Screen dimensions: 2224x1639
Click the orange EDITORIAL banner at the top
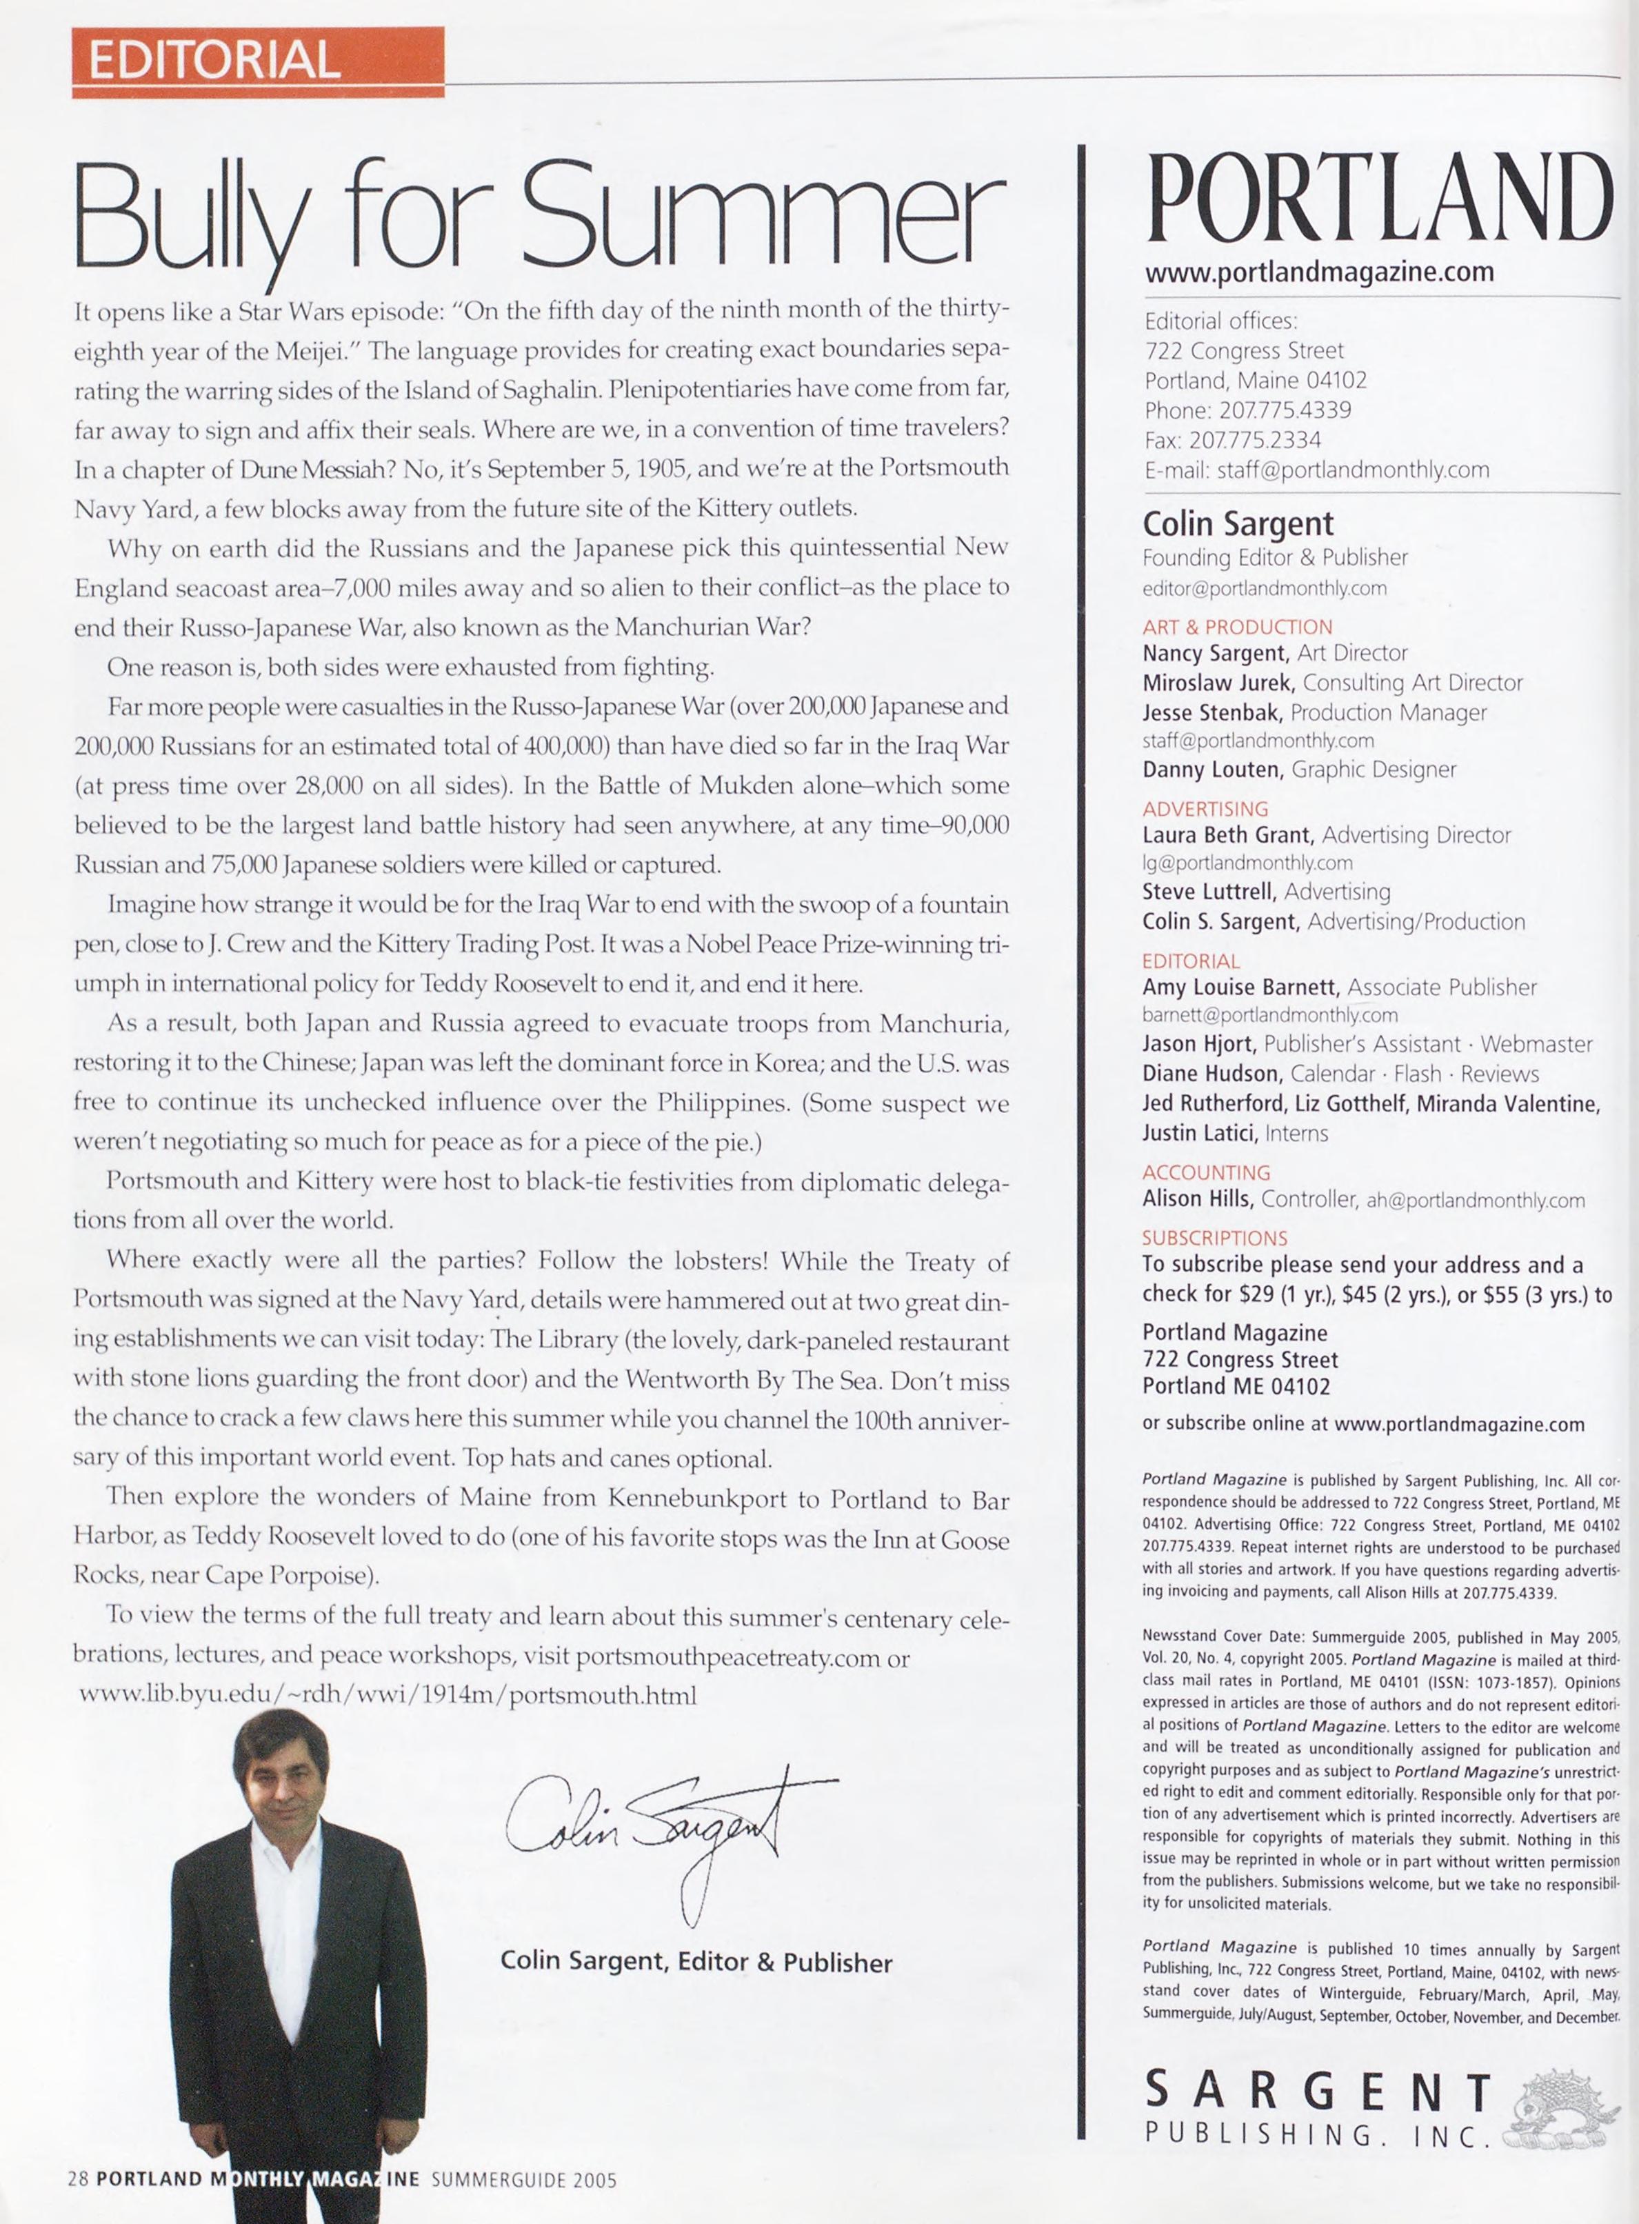click(257, 61)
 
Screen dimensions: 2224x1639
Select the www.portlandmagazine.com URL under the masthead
click(1318, 271)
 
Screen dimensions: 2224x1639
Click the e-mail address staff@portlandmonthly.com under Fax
click(1352, 469)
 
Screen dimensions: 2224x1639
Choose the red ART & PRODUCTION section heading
click(1237, 627)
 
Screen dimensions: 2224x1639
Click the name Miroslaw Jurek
click(1217, 683)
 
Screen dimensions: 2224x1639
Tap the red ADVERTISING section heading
click(1205, 808)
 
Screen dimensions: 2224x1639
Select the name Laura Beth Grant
click(1227, 835)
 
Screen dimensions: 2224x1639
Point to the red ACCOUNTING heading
click(1205, 1172)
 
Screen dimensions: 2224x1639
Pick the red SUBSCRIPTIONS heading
click(1214, 1238)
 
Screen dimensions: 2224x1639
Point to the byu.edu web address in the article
click(387, 1695)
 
